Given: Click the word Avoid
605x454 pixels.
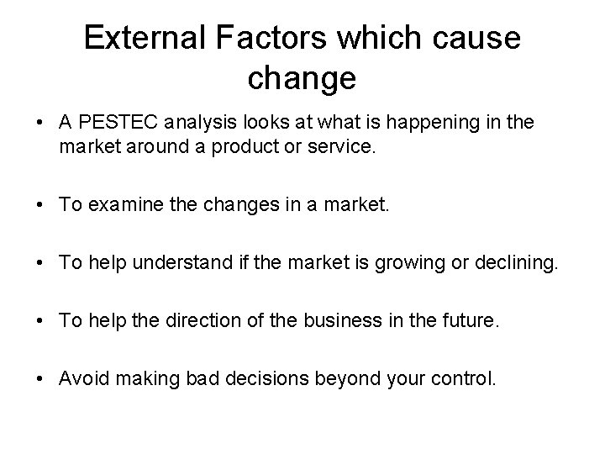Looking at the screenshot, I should [x=82, y=379].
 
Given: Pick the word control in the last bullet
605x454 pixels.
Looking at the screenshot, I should [x=464, y=379].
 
